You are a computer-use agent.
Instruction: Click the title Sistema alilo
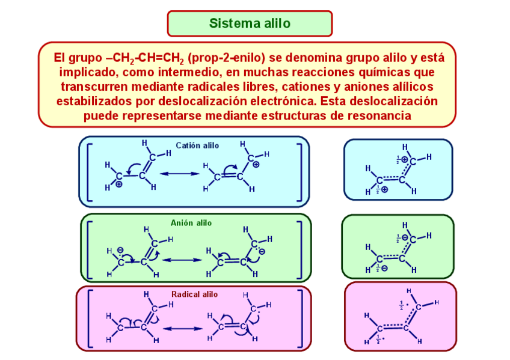pyautogui.click(x=250, y=23)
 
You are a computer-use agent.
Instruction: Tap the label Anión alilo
pyautogui.click(x=191, y=223)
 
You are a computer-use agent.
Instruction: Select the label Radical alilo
pyautogui.click(x=194, y=294)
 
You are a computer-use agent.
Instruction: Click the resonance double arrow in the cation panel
pyautogui.click(x=179, y=174)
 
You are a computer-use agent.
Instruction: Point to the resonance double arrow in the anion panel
pyautogui.click(x=181, y=260)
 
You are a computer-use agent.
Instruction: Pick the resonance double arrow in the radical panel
pyautogui.click(x=183, y=328)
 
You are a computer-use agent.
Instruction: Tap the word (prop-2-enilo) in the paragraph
pyautogui.click(x=226, y=58)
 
